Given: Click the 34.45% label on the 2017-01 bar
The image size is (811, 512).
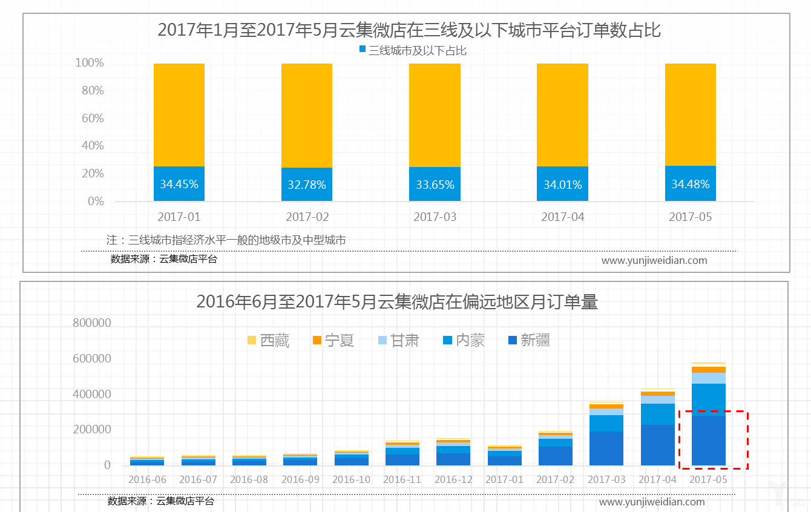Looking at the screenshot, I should tap(179, 184).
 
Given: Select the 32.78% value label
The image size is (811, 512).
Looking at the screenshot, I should tap(306, 185).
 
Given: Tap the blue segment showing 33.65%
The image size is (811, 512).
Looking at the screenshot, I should tap(435, 185).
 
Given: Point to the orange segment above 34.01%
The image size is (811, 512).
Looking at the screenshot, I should tap(562, 115).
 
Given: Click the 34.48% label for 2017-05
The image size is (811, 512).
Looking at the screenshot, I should tap(690, 184).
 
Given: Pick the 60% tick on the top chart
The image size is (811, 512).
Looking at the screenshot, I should tap(93, 118).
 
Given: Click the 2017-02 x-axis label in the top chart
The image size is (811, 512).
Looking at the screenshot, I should tap(307, 217).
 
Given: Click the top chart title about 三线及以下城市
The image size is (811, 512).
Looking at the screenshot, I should tap(409, 30).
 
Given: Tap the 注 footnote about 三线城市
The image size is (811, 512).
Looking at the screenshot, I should tap(226, 240).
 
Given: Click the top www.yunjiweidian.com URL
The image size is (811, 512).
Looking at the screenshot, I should tap(654, 260).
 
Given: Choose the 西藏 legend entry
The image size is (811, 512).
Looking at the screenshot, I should tap(269, 341).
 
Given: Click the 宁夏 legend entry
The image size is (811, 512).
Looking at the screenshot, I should tap(333, 341).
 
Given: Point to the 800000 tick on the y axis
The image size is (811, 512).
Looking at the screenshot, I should tap(91, 323).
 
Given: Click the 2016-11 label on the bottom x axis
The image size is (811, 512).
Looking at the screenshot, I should tap(402, 479).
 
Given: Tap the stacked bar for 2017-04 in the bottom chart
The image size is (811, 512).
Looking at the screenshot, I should tap(657, 427).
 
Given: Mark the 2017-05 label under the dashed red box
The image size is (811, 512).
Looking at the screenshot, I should tap(708, 479).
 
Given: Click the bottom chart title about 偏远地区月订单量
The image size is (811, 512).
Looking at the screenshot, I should tap(397, 301).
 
